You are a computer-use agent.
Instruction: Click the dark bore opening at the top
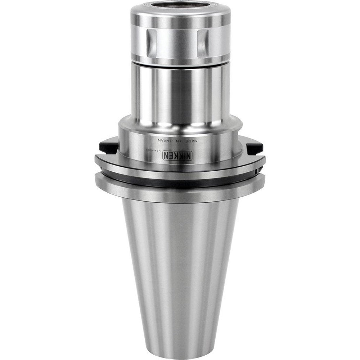(x=180, y=6)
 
